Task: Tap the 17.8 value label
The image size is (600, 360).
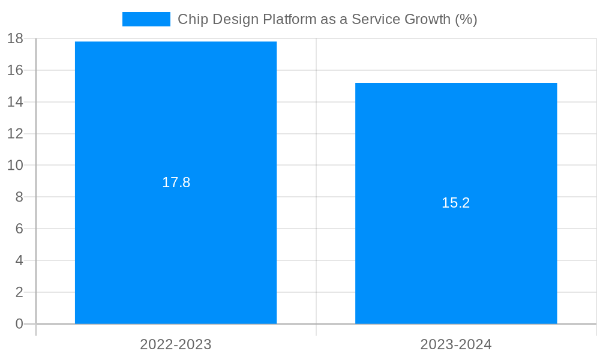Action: (176, 182)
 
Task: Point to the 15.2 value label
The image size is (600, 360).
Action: (456, 203)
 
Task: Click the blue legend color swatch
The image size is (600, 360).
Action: (146, 19)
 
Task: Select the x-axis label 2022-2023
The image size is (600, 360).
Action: (176, 344)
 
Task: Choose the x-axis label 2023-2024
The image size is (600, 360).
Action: (456, 344)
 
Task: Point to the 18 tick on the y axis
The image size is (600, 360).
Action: (15, 39)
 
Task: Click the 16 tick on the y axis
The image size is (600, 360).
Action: (15, 70)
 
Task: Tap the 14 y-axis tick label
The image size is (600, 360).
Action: (15, 102)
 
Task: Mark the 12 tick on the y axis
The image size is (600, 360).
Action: (15, 134)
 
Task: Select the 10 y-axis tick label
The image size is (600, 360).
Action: (15, 166)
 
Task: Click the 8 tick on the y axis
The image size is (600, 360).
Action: (19, 197)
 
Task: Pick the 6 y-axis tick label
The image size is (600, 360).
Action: (19, 229)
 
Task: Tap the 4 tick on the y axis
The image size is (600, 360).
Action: (19, 261)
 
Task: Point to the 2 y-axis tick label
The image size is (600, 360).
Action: (19, 293)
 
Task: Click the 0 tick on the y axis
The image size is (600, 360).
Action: (19, 324)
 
